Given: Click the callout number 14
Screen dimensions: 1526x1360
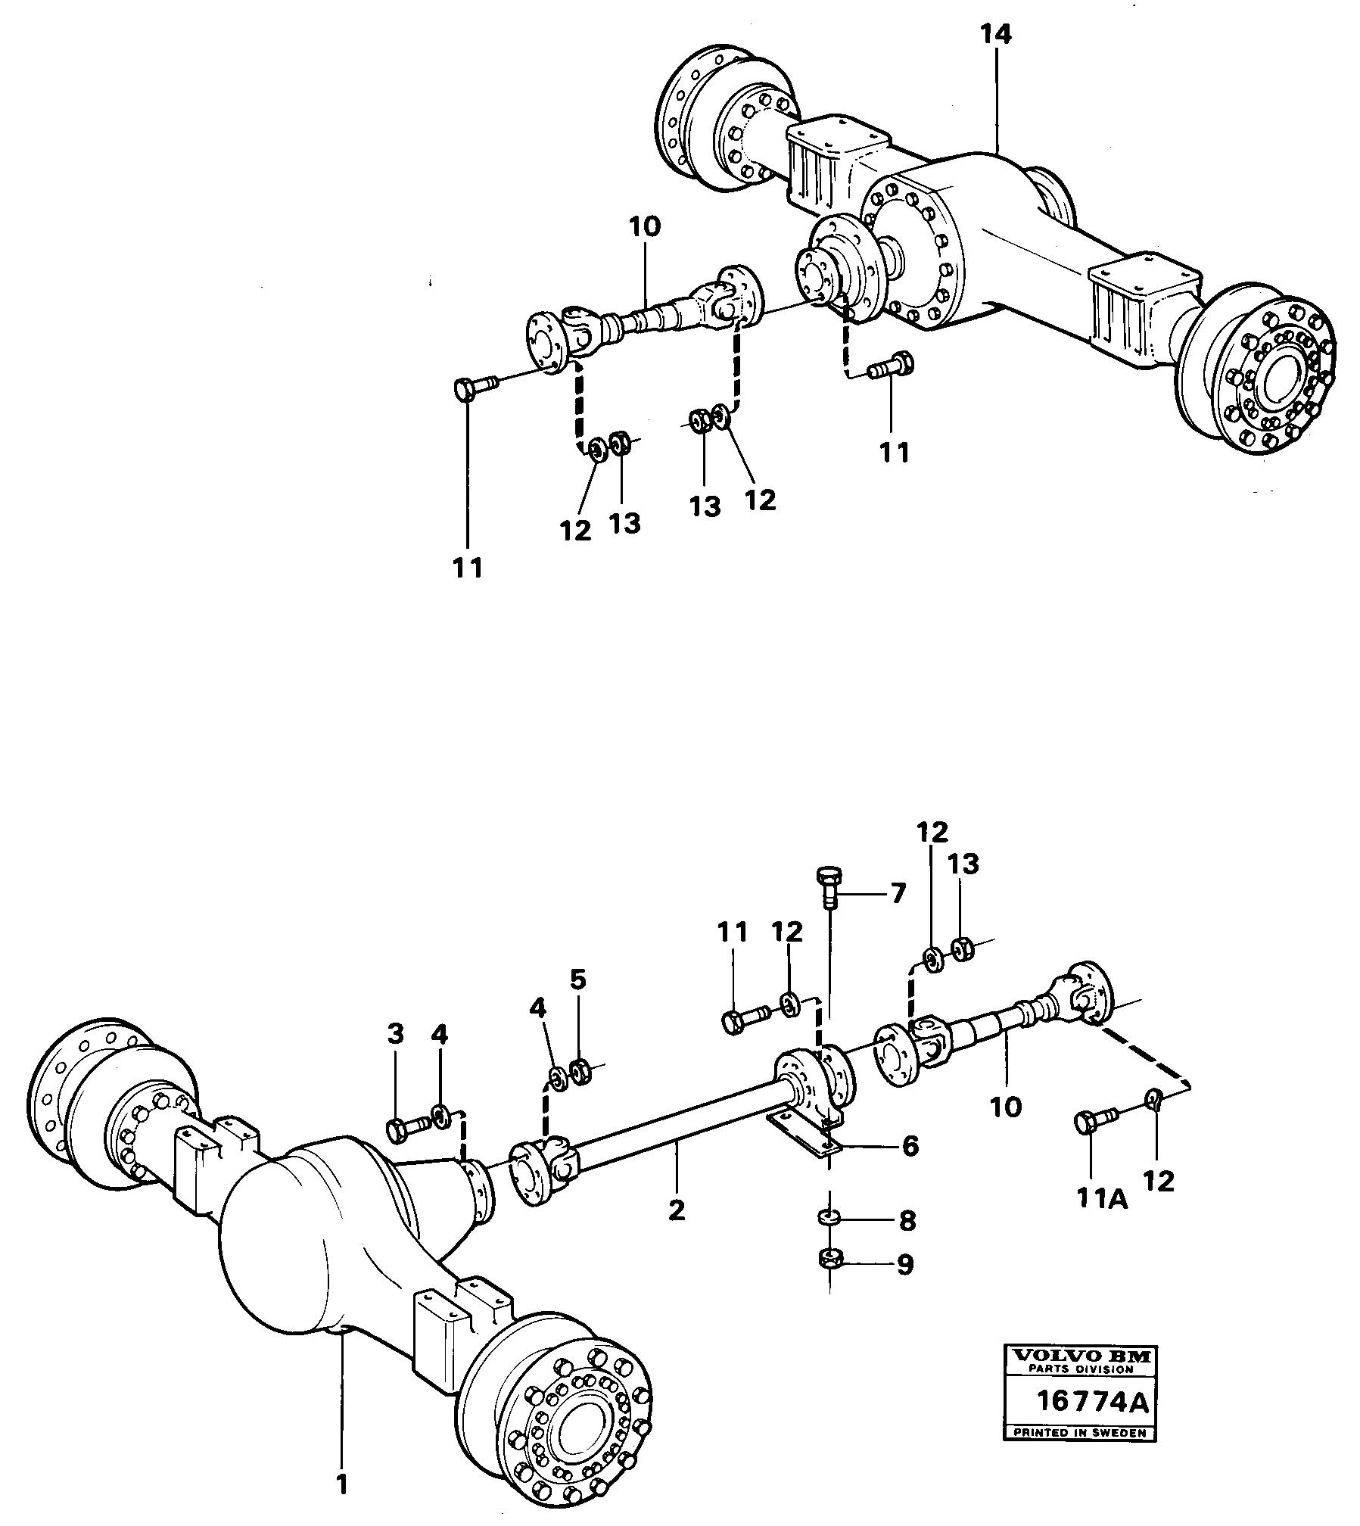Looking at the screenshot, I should [x=996, y=35].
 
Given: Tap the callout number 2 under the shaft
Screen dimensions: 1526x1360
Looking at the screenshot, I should [x=677, y=1210].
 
